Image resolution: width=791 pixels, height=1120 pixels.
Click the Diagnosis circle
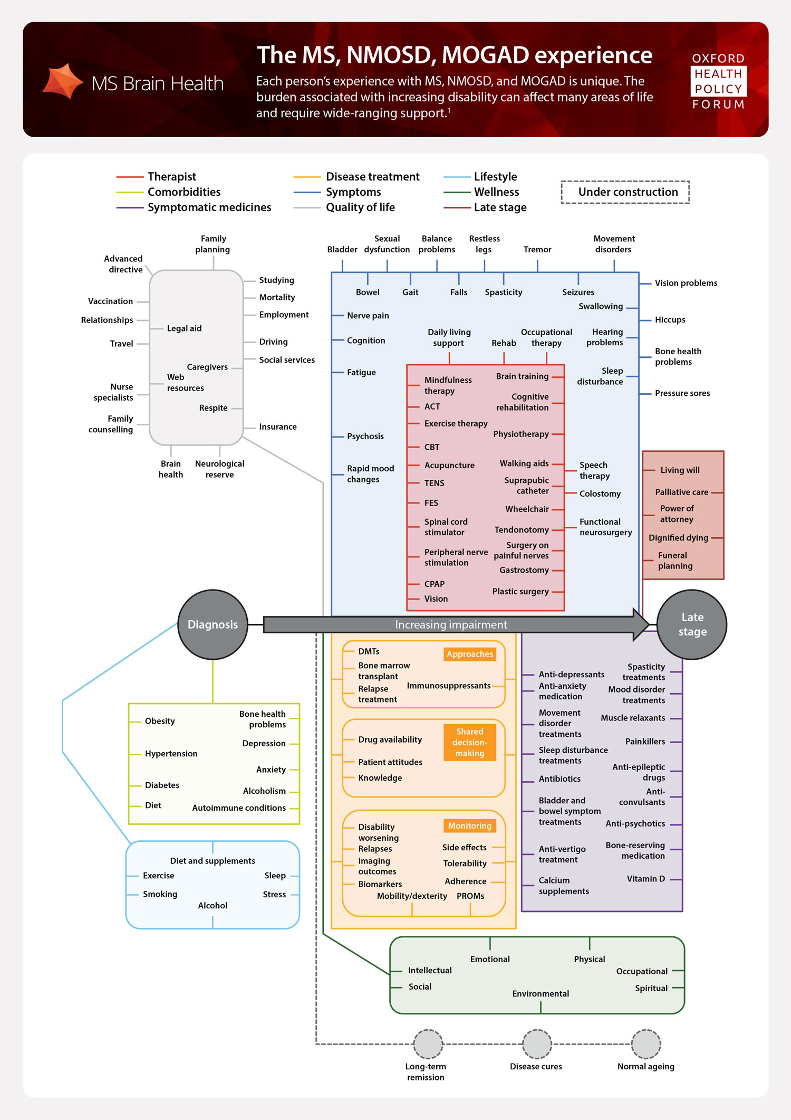pyautogui.click(x=213, y=624)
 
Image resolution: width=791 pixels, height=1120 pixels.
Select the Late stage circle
pyautogui.click(x=692, y=624)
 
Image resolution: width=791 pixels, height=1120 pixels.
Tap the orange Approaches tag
pyautogui.click(x=469, y=654)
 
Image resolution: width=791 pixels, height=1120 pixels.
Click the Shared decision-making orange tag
pyautogui.click(x=469, y=742)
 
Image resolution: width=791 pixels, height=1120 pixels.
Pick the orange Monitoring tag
pyautogui.click(x=469, y=825)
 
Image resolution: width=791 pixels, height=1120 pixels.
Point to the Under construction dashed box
pyautogui.click(x=625, y=192)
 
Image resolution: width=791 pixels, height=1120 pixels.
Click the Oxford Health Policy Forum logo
pyautogui.click(x=718, y=81)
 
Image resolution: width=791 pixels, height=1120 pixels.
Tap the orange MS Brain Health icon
pyautogui.click(x=63, y=81)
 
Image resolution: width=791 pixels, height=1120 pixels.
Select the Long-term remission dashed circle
pyautogui.click(x=428, y=1043)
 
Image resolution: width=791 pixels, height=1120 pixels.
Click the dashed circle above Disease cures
pyautogui.click(x=537, y=1043)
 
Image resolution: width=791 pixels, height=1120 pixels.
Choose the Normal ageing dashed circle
pyautogui.click(x=646, y=1043)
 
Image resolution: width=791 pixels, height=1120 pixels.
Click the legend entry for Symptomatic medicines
pyautogui.click(x=209, y=207)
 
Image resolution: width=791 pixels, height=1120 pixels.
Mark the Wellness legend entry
pyautogui.click(x=496, y=192)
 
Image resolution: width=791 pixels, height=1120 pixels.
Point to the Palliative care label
pyautogui.click(x=681, y=492)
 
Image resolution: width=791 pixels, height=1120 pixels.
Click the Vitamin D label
pyautogui.click(x=645, y=879)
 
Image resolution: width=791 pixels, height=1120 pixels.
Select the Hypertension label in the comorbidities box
pyautogui.click(x=171, y=754)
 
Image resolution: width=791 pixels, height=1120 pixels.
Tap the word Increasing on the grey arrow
pyautogui.click(x=420, y=625)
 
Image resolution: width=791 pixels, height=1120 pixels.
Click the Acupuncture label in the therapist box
pyautogui.click(x=449, y=465)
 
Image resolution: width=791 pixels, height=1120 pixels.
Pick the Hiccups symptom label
pyautogui.click(x=670, y=320)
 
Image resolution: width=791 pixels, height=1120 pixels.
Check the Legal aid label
pyautogui.click(x=184, y=328)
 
